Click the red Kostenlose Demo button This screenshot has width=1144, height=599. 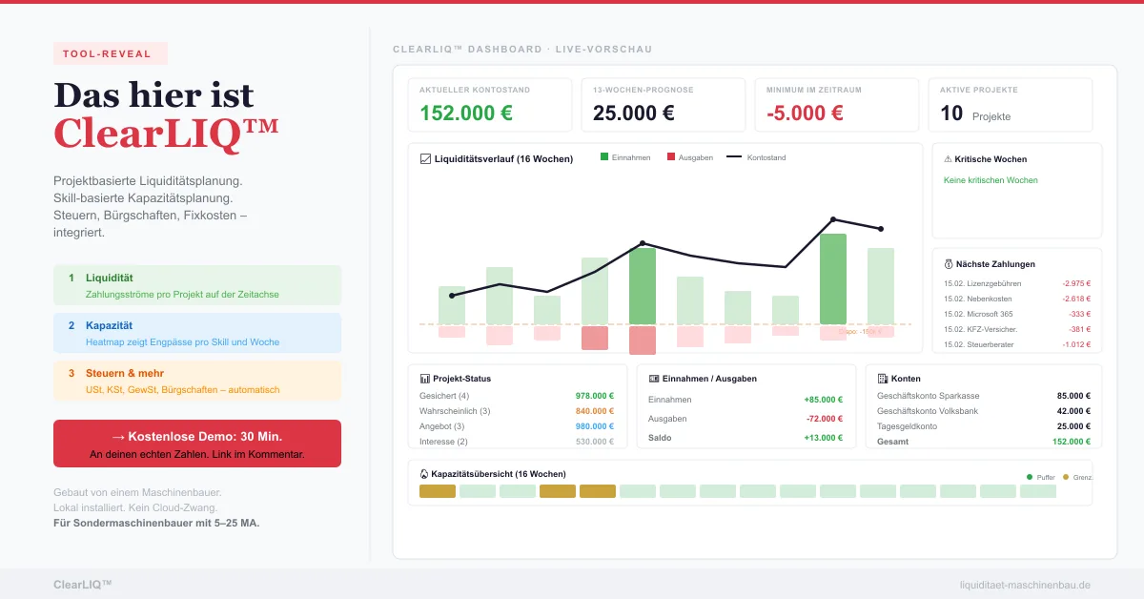[196, 444]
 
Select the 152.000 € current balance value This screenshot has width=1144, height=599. [466, 113]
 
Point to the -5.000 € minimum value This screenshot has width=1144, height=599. [805, 113]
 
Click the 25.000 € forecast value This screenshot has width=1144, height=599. [633, 113]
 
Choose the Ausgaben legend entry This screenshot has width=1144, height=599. [690, 157]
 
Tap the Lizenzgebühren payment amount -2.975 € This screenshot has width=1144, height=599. [1075, 283]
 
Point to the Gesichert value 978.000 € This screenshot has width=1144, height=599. [595, 396]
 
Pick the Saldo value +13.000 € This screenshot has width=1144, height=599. [823, 438]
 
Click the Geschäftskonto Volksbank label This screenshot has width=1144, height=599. [928, 411]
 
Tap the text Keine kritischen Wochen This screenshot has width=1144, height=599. [991, 180]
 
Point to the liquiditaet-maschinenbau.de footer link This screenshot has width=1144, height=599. [1025, 585]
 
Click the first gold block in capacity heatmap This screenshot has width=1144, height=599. [438, 491]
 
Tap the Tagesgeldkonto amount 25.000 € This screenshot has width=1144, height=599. [1073, 426]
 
